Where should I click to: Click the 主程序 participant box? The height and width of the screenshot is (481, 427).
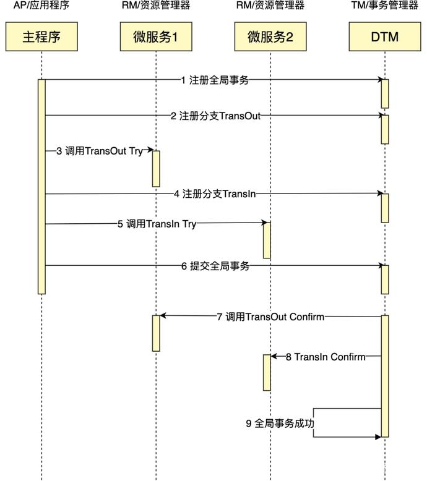[41, 37]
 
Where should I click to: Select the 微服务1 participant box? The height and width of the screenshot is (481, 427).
[155, 37]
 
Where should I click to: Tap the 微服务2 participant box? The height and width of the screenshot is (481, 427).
[270, 37]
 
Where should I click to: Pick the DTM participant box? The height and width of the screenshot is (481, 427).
[384, 37]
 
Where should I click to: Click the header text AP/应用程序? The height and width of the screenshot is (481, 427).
[41, 6]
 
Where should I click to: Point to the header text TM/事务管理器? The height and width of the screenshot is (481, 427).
[385, 6]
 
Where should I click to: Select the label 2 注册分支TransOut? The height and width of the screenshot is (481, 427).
[215, 116]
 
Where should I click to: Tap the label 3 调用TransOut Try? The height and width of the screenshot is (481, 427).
[100, 151]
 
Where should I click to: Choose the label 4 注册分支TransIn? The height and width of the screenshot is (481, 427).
[215, 194]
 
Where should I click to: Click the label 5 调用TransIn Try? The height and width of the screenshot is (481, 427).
[157, 224]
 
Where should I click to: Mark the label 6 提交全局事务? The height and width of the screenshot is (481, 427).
[215, 266]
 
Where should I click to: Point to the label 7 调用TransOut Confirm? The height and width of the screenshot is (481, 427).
[270, 317]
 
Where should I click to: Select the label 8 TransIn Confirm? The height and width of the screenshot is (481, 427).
[326, 357]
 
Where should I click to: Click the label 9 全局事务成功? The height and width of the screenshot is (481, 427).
[280, 424]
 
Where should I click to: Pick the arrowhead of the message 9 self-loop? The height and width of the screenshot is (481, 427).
[377, 436]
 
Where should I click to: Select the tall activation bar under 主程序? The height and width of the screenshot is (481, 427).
[41, 185]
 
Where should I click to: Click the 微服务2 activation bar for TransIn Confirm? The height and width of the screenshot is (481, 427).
[267, 372]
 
